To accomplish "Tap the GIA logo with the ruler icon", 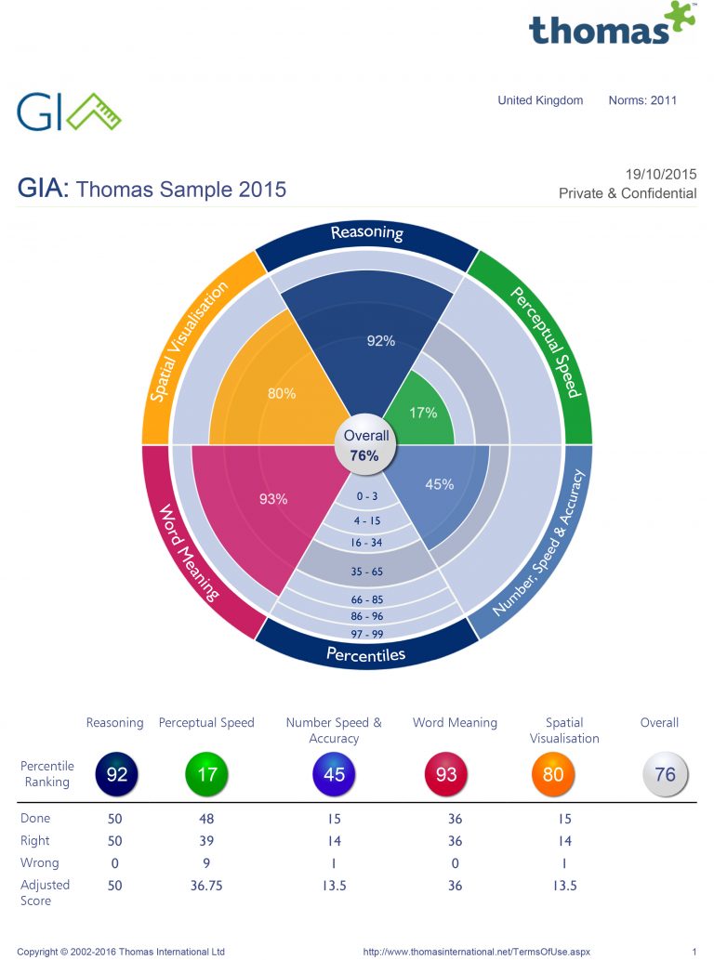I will [69, 112].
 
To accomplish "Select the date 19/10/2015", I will [660, 174].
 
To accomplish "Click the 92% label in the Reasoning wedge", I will [380, 341].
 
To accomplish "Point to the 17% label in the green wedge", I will [424, 412].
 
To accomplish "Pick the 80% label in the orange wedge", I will [282, 393].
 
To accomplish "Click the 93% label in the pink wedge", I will [273, 499].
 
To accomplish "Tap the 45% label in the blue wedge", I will [439, 484].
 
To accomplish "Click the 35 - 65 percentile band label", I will [367, 572].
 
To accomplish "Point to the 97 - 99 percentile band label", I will [367, 633].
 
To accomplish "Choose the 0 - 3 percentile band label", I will [366, 497].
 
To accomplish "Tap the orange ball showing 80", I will [553, 774].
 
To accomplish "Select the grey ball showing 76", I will [665, 774].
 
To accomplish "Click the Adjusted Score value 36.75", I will [206, 886].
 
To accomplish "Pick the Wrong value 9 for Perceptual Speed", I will [206, 862].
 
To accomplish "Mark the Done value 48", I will [206, 819].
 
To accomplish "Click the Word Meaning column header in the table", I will [455, 722].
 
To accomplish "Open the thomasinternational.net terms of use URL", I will [476, 952].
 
